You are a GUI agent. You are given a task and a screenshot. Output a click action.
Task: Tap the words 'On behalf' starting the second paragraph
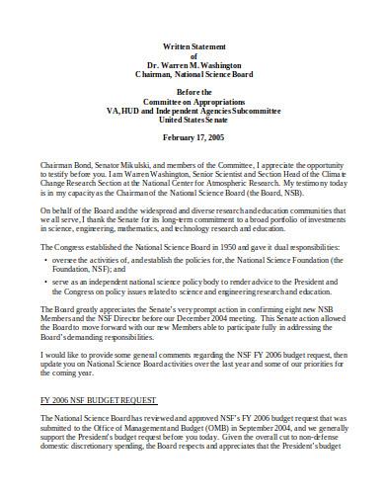click(55, 210)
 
